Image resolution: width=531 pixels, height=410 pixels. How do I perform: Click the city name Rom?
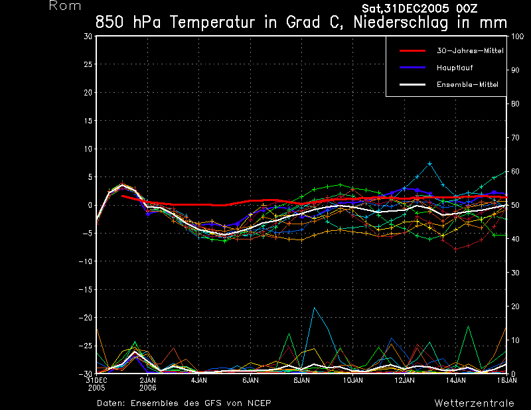click(x=65, y=6)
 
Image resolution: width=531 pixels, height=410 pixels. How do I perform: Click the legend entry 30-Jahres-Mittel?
click(x=467, y=50)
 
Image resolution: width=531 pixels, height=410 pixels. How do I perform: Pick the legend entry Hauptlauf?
click(x=455, y=68)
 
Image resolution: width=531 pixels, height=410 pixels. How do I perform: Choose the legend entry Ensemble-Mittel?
click(x=467, y=85)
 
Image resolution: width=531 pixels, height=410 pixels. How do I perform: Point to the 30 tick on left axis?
click(x=88, y=36)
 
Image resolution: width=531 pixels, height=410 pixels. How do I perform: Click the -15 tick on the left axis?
click(x=86, y=290)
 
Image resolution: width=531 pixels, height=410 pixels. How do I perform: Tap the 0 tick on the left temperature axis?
click(x=90, y=206)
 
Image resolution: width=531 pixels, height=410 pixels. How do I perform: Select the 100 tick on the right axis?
click(x=516, y=36)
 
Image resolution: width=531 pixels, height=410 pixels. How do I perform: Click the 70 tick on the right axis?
click(x=514, y=137)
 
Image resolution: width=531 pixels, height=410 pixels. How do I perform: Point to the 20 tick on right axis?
click(x=514, y=307)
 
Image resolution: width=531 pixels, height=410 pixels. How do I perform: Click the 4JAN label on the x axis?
click(x=199, y=381)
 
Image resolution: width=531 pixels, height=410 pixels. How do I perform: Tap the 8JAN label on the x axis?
click(x=301, y=381)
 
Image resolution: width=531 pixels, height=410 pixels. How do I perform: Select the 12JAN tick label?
click(x=404, y=381)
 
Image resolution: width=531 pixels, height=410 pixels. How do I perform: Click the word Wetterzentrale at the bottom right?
click(x=474, y=403)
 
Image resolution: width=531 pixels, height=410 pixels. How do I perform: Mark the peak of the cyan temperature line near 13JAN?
click(x=430, y=163)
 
